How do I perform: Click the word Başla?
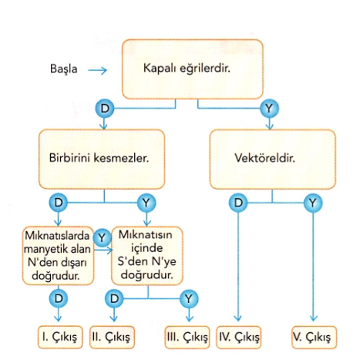pos(63,69)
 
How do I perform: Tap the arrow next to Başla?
pos(97,70)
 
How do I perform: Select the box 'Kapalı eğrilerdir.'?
pos(193,69)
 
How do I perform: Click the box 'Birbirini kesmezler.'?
pos(102,160)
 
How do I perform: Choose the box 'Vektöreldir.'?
pos(273,160)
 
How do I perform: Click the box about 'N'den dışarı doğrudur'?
pos(58,256)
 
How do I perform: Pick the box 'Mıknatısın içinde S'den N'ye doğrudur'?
pos(147,256)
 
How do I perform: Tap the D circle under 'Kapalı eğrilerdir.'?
pos(105,109)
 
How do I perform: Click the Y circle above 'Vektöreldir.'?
pos(269,109)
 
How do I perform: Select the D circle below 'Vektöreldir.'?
pos(238,203)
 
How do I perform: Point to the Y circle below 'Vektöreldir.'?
pos(313,203)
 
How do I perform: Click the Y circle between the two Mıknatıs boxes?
pos(102,238)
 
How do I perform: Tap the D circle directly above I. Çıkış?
pos(59,298)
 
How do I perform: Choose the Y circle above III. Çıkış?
pos(189,299)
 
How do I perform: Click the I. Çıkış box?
pos(60,337)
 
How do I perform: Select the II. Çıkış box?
pos(112,337)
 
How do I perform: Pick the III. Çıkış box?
pos(187,337)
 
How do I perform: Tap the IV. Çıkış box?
pos(238,337)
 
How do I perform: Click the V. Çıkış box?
pos(314,337)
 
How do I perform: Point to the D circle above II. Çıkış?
pos(114,299)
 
